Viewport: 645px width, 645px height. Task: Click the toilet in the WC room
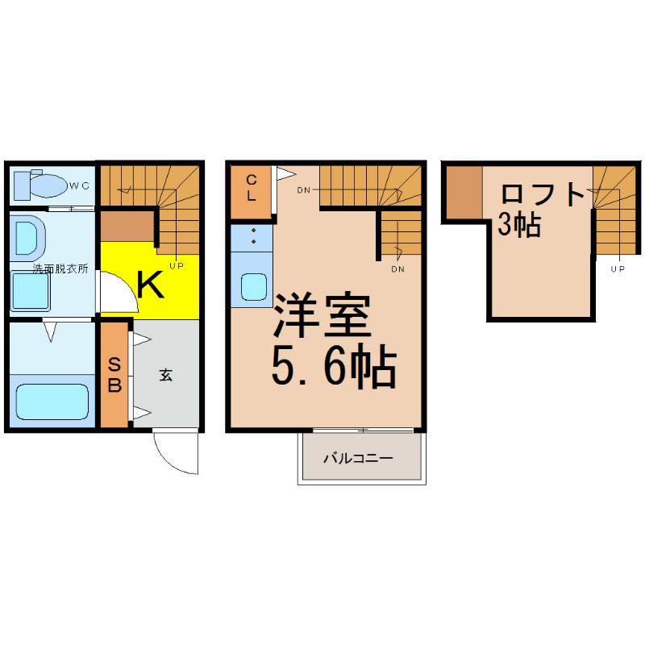tap(40, 185)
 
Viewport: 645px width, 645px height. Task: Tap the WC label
tap(79, 186)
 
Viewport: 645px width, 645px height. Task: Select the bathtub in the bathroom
tap(52, 402)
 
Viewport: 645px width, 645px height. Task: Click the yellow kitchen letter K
tap(150, 285)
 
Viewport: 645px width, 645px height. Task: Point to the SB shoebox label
tap(114, 375)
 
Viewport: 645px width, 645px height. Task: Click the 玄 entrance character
tap(166, 375)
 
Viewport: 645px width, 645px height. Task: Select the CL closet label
tap(251, 187)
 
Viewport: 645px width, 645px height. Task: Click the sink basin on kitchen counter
tap(254, 287)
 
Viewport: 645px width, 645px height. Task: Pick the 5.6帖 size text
tap(334, 366)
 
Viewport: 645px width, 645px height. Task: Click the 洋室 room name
tap(322, 314)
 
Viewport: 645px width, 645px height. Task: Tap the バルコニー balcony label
tap(358, 458)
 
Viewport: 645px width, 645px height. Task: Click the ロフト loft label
tap(543, 194)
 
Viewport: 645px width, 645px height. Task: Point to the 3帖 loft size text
tap(519, 226)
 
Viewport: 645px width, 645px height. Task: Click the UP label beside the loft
tap(618, 269)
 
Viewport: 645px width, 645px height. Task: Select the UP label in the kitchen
tap(177, 266)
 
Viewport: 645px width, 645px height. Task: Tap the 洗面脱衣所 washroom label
tap(60, 269)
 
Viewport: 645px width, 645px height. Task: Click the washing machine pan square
tap(30, 291)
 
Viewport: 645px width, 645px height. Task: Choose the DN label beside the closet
tap(304, 190)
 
